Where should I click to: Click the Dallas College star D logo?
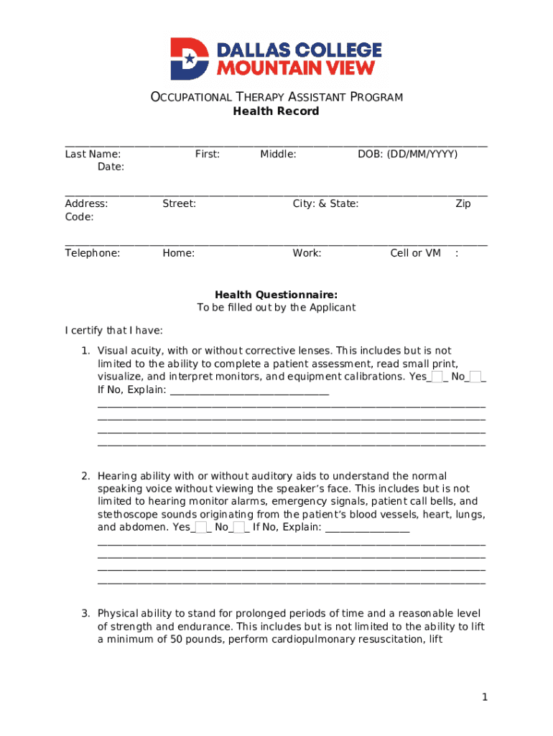[189, 59]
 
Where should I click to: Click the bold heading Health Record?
[276, 111]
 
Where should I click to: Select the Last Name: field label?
[93, 154]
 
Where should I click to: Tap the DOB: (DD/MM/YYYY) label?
[407, 154]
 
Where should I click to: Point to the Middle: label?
[278, 154]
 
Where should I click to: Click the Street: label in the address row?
[179, 203]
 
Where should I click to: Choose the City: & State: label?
[325, 203]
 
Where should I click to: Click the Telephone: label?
[93, 253]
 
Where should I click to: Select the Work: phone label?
[307, 253]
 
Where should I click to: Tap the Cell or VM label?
[415, 253]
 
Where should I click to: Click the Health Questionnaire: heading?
[276, 295]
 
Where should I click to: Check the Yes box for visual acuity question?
[437, 377]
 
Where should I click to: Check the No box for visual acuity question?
[475, 377]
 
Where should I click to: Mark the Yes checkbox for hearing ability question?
[201, 528]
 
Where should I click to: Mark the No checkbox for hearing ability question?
[239, 528]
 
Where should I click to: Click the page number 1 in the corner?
[485, 697]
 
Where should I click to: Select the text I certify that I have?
[114, 331]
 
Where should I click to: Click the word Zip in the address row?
[463, 203]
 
